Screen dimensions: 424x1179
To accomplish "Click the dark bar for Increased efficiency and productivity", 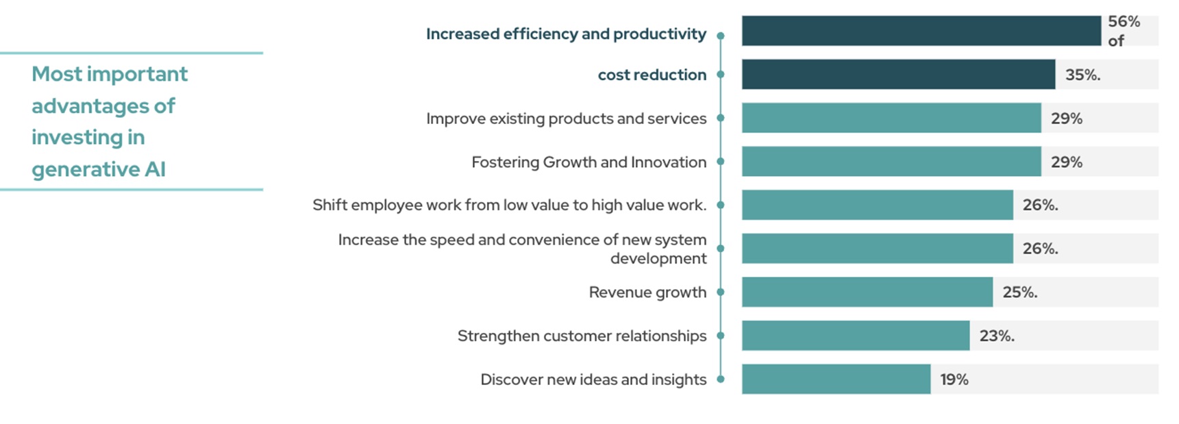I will pyautogui.click(x=921, y=31).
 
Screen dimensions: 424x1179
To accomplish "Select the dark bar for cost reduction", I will pyautogui.click(x=898, y=74).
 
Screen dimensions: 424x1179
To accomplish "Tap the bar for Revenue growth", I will pyautogui.click(x=867, y=292).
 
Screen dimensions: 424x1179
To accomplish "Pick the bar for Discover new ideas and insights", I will pyautogui.click(x=836, y=379).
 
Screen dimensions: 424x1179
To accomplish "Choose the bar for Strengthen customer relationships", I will pyautogui.click(x=855, y=336).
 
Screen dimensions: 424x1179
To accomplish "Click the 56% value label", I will pyautogui.click(x=1124, y=22).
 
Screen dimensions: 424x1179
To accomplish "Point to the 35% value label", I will pyautogui.click(x=1082, y=75).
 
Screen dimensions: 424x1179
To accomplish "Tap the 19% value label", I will pyautogui.click(x=954, y=379).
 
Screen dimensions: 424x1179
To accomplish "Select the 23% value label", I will pyautogui.click(x=996, y=336).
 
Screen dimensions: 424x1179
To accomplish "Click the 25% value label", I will pyautogui.click(x=1019, y=292).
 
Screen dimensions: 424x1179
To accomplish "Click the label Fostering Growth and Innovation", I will pyautogui.click(x=588, y=162).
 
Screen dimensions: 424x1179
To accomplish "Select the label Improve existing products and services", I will pyautogui.click(x=566, y=119).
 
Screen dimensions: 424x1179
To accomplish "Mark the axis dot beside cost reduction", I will pyautogui.click(x=720, y=75).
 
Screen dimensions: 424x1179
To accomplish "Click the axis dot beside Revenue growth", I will pyautogui.click(x=720, y=292).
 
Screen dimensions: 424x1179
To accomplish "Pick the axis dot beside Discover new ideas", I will pyautogui.click(x=720, y=379).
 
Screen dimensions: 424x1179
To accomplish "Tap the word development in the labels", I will pyautogui.click(x=658, y=258).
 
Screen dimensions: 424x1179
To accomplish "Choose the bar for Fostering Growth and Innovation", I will pyautogui.click(x=891, y=162).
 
